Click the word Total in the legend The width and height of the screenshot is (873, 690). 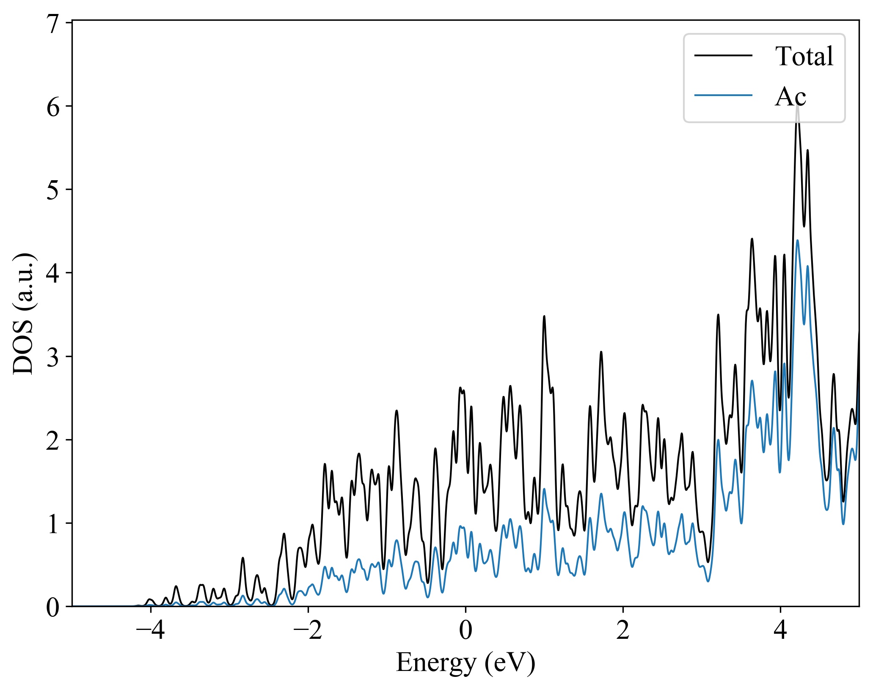[x=804, y=56]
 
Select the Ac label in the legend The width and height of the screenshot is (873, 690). [x=790, y=97]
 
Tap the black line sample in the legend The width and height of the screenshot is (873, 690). [x=724, y=55]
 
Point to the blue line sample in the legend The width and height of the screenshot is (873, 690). [x=724, y=95]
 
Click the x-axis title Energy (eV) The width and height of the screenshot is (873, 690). [x=465, y=663]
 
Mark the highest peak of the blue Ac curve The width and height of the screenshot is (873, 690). [x=798, y=241]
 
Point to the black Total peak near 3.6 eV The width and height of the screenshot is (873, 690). [x=752, y=239]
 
